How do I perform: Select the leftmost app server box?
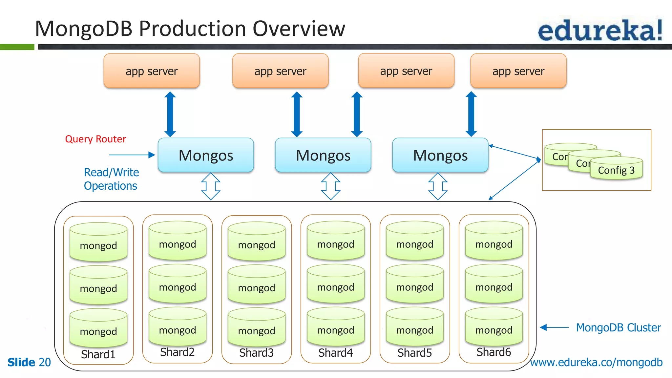pos(152,71)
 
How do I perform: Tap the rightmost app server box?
pos(518,71)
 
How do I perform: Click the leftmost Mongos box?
pos(206,155)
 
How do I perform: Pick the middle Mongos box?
pos(323,155)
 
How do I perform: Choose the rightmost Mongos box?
pos(440,155)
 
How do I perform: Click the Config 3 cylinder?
pos(616,170)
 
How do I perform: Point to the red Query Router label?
pos(95,139)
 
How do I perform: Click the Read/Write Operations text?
pos(111,179)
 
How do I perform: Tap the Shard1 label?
pos(98,354)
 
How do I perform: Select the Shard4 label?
pos(335,353)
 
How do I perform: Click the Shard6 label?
pos(493,352)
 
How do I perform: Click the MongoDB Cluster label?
pos(619,327)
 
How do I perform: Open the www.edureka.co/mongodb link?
pos(596,362)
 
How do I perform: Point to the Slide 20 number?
pos(29,362)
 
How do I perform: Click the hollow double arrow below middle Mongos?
pos(330,186)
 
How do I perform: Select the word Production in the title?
pos(193,29)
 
